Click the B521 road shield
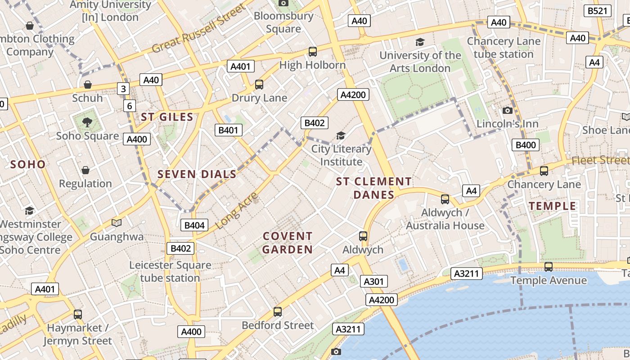pyautogui.click(x=598, y=11)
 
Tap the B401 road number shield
pyautogui.click(x=229, y=130)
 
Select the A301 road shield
pyautogui.click(x=373, y=282)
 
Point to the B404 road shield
pyautogui.click(x=194, y=225)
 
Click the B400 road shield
pyautogui.click(x=526, y=145)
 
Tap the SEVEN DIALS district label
pyautogui.click(x=197, y=174)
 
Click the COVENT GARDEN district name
pyautogui.click(x=288, y=243)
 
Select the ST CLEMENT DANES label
pyautogui.click(x=373, y=188)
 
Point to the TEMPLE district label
pyautogui.click(x=552, y=206)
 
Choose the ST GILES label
pyautogui.click(x=167, y=117)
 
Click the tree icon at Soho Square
pyautogui.click(x=87, y=122)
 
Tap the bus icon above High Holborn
pyautogui.click(x=313, y=52)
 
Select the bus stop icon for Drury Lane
pyautogui.click(x=259, y=84)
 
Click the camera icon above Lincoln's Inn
pyautogui.click(x=508, y=110)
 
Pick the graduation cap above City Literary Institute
pyautogui.click(x=341, y=135)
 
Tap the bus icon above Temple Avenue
pyautogui.click(x=549, y=267)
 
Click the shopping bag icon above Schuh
pyautogui.click(x=88, y=85)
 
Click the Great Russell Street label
pyautogui.click(x=199, y=28)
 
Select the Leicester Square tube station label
pyautogui.click(x=170, y=271)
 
